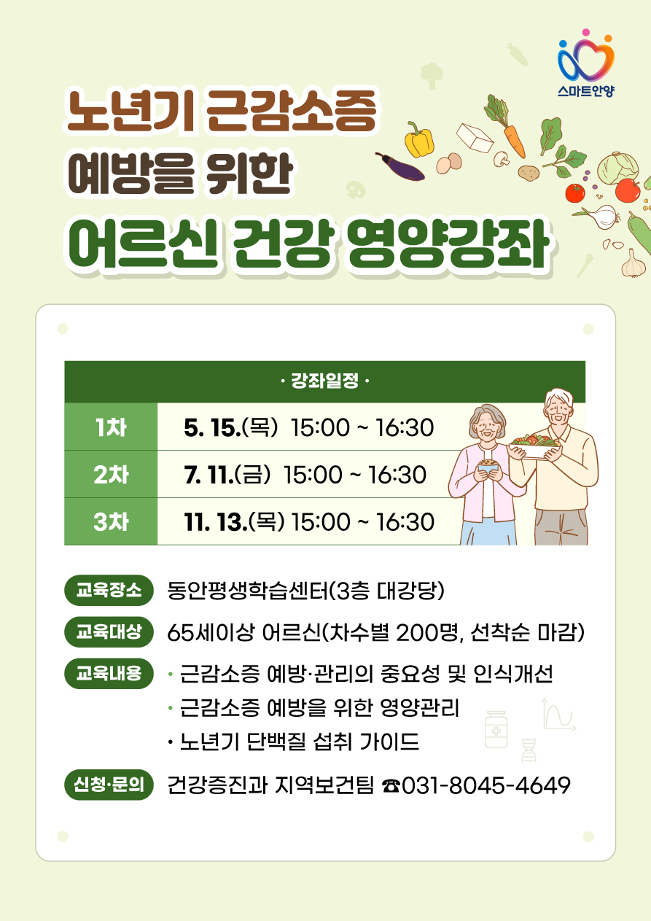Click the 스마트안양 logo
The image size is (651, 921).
[x=586, y=63]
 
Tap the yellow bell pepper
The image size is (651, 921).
[x=418, y=141]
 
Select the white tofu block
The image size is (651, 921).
[x=475, y=137]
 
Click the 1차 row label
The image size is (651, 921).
[x=111, y=427]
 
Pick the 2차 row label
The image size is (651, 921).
[x=111, y=475]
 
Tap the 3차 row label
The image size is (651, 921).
[x=111, y=522]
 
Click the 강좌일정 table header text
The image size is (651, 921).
[x=324, y=381]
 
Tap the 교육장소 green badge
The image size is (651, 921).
[x=109, y=590]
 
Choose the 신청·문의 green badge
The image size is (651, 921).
[x=109, y=785]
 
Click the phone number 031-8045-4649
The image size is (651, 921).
[x=486, y=785]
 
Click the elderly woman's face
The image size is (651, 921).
[x=488, y=427]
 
